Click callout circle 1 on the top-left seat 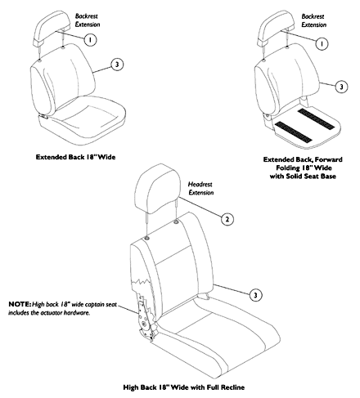coord(90,40)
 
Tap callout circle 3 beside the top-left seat coord(117,65)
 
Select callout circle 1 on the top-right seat coord(322,43)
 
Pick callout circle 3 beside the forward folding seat coord(341,87)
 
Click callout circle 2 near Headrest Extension coord(227,219)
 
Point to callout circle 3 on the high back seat coord(255,295)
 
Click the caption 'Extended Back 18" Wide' coord(75,157)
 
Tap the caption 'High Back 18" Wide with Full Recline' coord(184,387)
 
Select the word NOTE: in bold coord(20,304)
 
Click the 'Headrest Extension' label coord(200,189)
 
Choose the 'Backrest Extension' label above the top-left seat coord(88,20)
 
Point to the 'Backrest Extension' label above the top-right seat coord(313,20)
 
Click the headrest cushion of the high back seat coord(158,188)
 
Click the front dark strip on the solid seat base coord(293,132)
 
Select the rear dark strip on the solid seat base coord(316,119)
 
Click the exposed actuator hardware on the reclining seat coord(146,316)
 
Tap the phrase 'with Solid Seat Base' coord(303,177)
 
